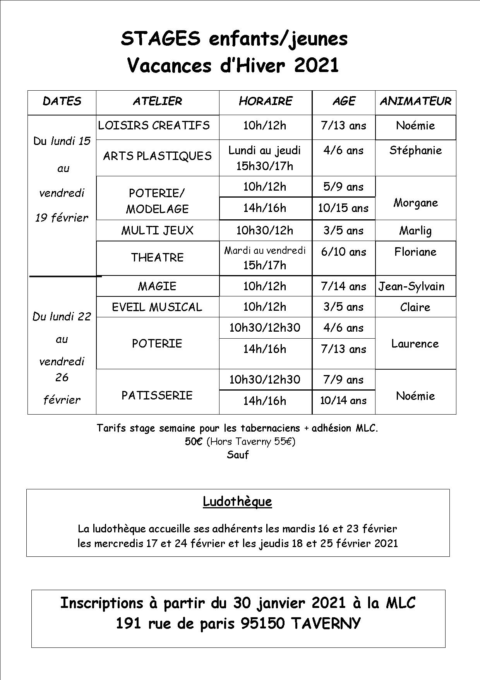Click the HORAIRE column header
tap(266, 102)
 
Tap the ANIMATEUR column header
tap(415, 102)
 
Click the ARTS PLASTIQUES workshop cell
tap(157, 156)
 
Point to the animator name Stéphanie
tap(415, 150)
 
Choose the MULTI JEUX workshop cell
tap(157, 231)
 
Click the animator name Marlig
tap(415, 231)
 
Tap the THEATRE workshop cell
tap(157, 258)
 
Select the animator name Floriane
tap(415, 252)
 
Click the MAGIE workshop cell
tap(157, 286)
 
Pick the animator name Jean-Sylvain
tap(411, 287)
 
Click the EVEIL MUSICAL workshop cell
tap(157, 307)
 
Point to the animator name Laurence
tap(415, 344)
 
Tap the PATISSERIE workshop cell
tap(157, 396)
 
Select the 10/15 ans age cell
tap(343, 208)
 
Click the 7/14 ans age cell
tap(343, 287)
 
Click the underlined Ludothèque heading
tap(237, 502)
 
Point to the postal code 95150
tap(262, 623)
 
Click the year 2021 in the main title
tap(316, 65)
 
